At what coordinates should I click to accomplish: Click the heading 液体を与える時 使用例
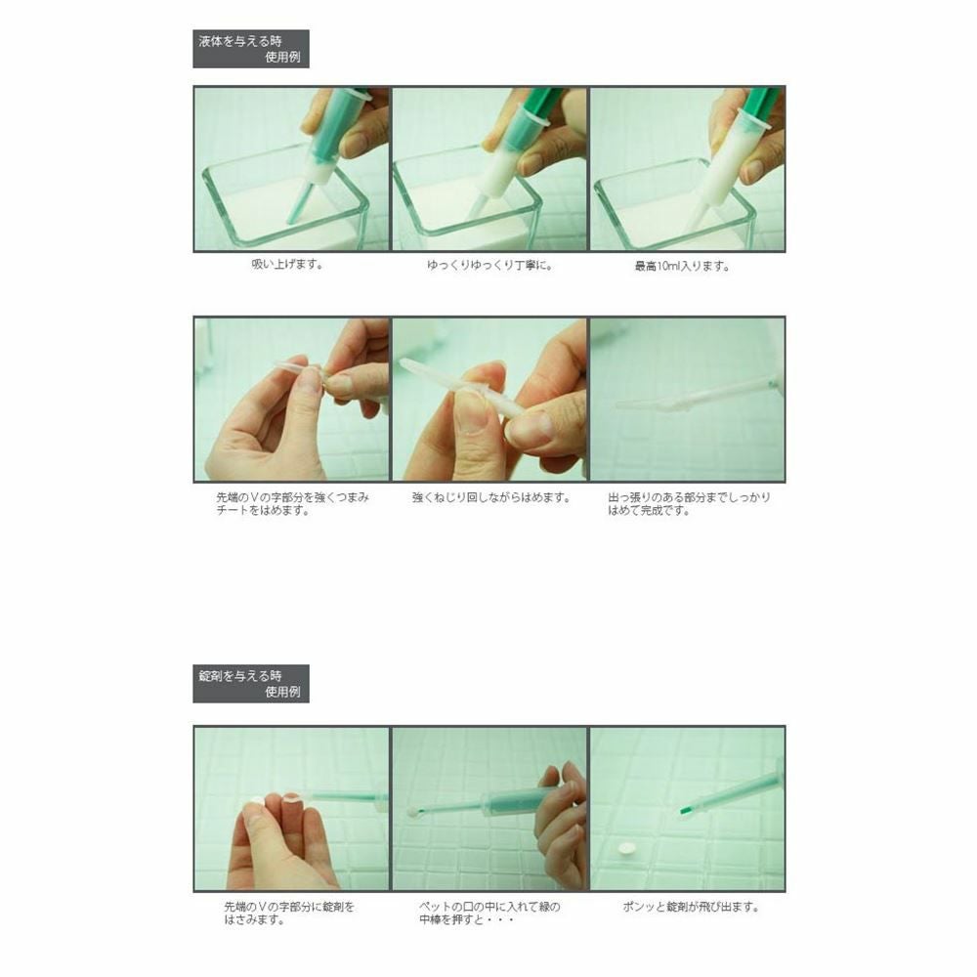click(x=250, y=49)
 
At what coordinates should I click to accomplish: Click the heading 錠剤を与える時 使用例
click(x=250, y=684)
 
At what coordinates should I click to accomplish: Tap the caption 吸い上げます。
click(x=287, y=264)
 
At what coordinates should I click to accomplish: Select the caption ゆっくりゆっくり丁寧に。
click(x=489, y=266)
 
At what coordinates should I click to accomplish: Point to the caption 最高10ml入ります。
click(x=682, y=266)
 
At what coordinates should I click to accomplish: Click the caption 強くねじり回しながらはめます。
click(x=491, y=497)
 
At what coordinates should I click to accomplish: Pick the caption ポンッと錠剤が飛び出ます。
click(x=691, y=907)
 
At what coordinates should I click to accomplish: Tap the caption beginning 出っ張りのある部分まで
click(x=689, y=504)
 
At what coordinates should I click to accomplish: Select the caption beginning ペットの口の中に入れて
click(x=489, y=913)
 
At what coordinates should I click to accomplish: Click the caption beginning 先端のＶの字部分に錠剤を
click(x=289, y=913)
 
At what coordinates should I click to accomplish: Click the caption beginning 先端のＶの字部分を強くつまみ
click(x=292, y=504)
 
